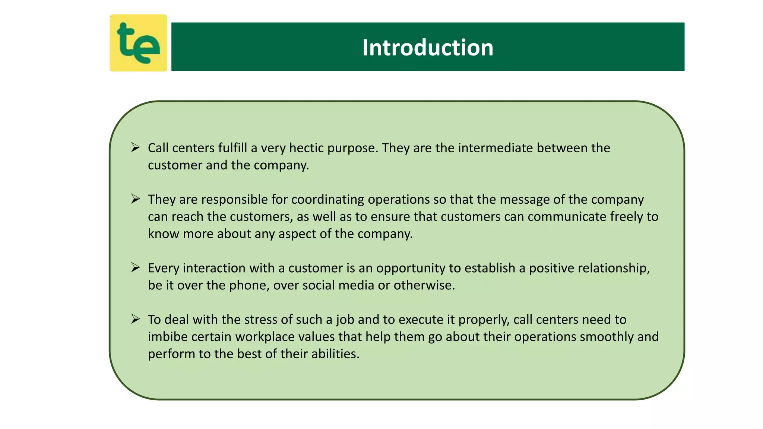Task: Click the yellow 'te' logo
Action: click(138, 43)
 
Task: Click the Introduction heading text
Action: click(428, 48)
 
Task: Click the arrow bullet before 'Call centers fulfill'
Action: click(136, 147)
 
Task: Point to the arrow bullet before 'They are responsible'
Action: click(136, 199)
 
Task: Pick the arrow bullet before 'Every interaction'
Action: click(136, 267)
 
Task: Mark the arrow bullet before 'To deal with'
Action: click(136, 319)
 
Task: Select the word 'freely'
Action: click(627, 217)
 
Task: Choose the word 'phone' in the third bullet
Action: click(249, 285)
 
